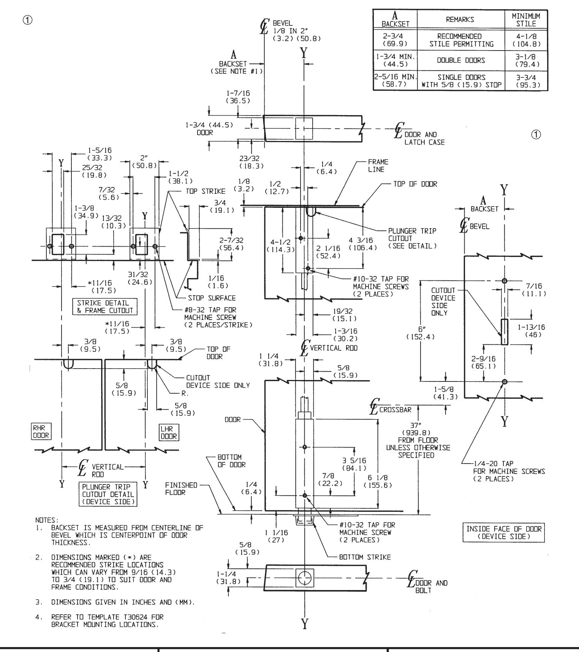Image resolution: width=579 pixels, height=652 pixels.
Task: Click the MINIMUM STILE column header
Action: [528, 20]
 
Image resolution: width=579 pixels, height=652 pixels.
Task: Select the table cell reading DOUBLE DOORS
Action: [462, 60]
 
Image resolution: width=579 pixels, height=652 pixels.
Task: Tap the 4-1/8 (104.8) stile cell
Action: [528, 40]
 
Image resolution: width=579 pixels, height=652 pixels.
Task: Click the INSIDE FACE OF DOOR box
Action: [505, 533]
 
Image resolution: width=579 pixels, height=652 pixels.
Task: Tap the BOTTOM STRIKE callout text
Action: [364, 557]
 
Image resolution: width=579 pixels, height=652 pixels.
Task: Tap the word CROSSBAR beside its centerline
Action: [395, 410]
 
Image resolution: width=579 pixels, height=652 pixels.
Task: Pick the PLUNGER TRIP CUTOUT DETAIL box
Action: [108, 494]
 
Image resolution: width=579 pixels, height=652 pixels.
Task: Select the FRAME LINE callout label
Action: [378, 166]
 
